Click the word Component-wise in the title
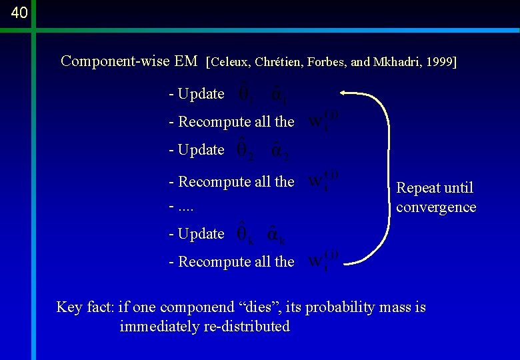115,61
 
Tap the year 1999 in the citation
439,62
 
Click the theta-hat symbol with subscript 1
245,94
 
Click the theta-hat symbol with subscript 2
245,150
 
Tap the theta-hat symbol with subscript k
245,233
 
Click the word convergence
436,207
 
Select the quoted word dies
255,307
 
